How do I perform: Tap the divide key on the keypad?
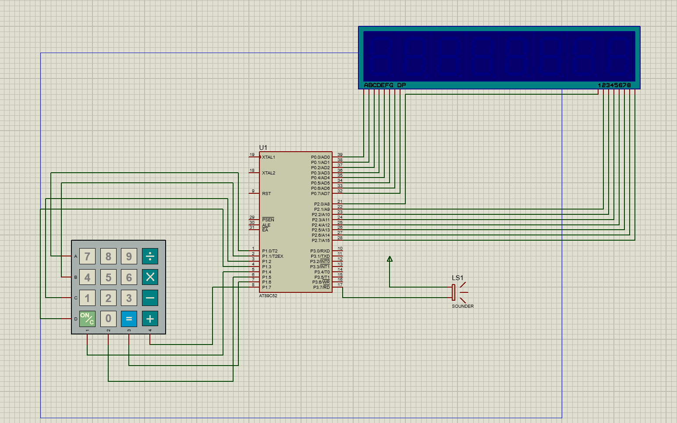pos(150,256)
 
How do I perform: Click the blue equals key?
pos(129,319)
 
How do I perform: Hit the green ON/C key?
pos(87,319)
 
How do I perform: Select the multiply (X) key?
pos(150,277)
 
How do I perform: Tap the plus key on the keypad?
pos(150,319)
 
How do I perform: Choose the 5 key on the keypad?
pos(108,277)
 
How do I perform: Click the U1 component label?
pos(263,148)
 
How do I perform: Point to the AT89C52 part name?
pos(268,296)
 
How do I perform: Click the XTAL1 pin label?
pos(269,157)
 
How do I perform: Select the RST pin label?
pos(266,193)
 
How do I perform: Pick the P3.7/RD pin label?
pos(321,287)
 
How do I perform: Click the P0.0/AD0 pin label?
pos(320,157)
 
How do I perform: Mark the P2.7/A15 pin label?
pos(321,240)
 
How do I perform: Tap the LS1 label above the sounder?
pos(457,278)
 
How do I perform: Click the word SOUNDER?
pos(463,306)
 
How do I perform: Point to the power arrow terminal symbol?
pos(390,259)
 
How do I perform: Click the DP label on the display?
pos(401,85)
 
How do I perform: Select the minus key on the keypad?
pos(150,298)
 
